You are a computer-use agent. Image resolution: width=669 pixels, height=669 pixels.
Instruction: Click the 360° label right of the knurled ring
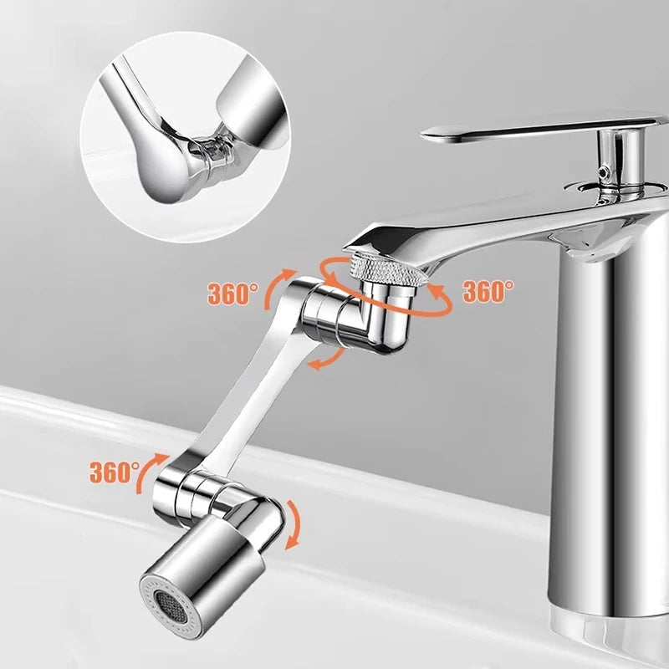point(488,291)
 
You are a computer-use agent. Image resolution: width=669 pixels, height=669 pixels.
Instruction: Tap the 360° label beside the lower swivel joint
point(115,472)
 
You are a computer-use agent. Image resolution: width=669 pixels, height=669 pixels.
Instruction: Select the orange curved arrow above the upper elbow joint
point(282,279)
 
